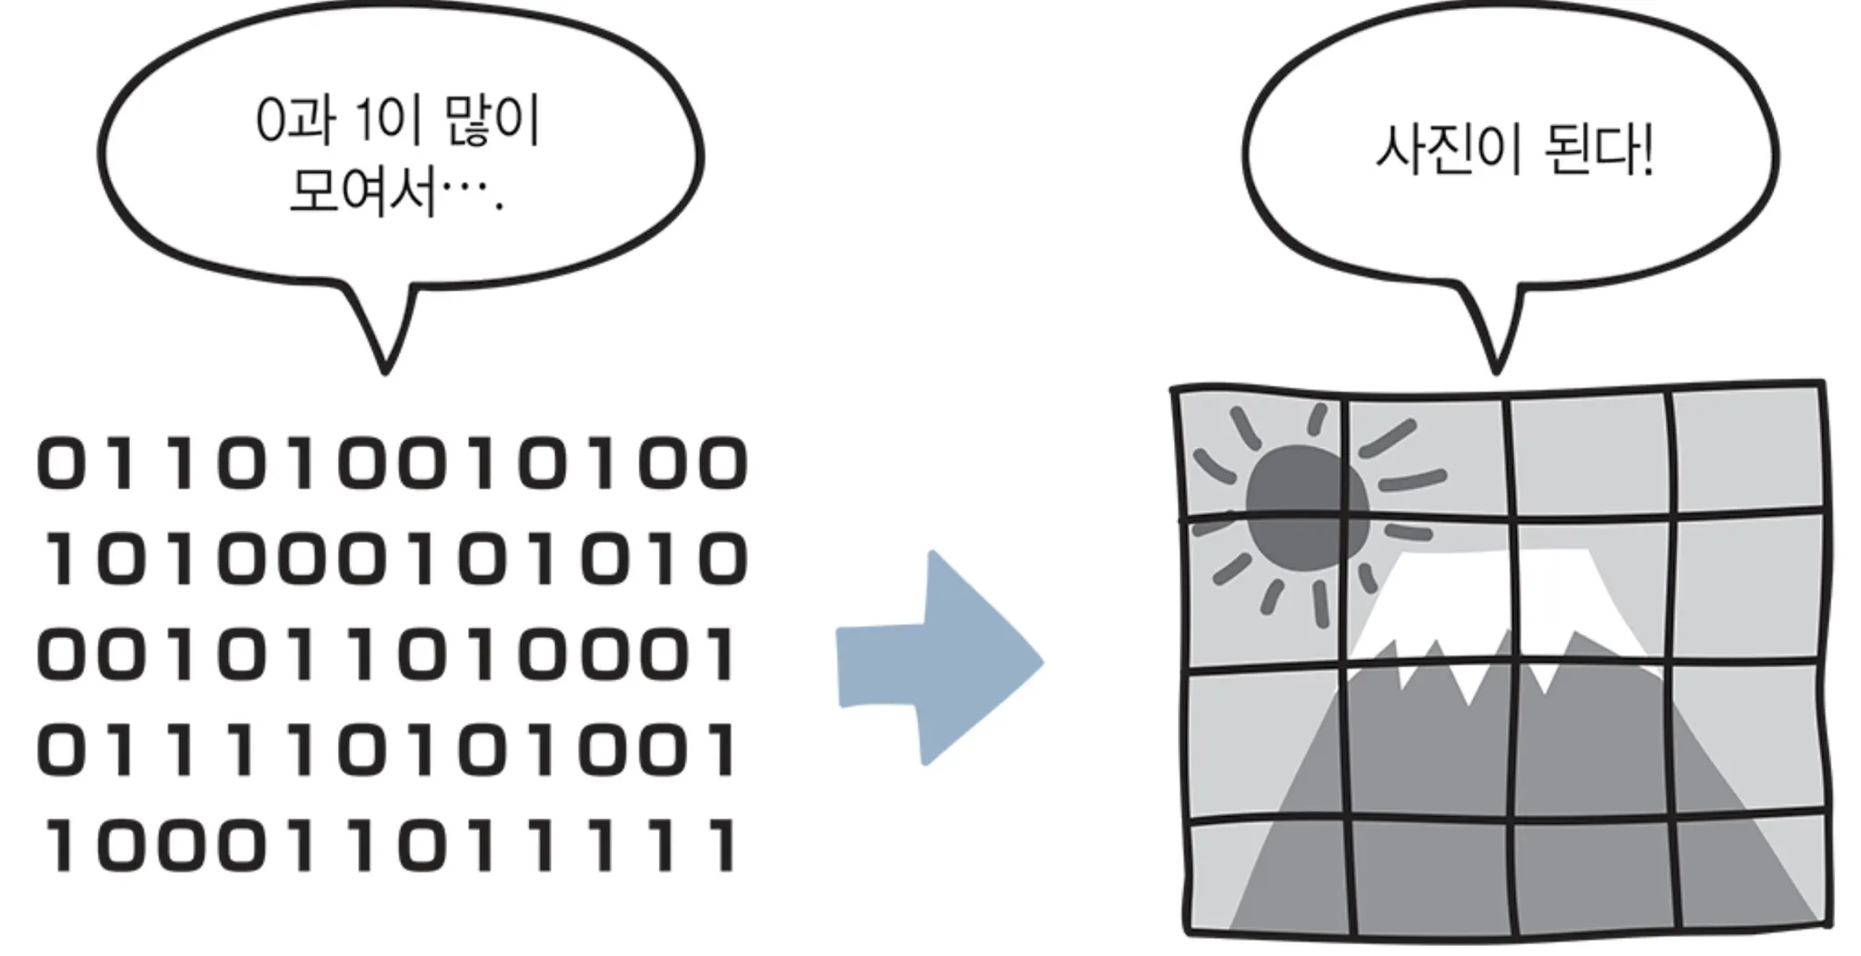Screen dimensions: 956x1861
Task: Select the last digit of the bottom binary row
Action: [x=724, y=845]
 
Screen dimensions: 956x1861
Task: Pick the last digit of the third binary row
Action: [x=724, y=654]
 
